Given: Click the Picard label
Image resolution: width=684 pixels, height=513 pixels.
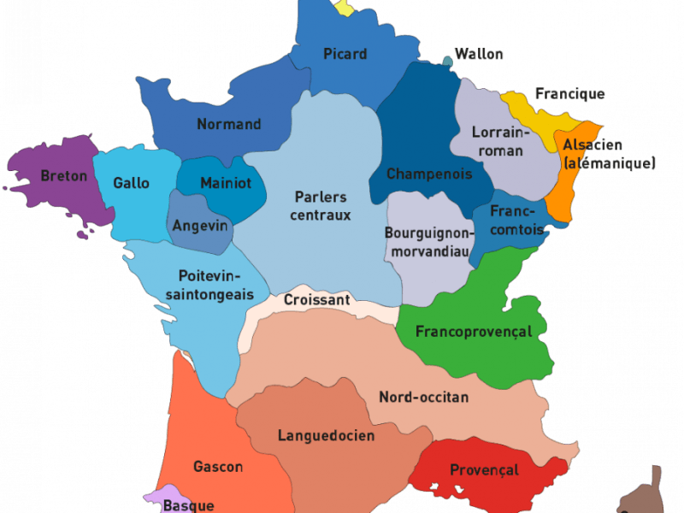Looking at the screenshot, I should pos(345,54).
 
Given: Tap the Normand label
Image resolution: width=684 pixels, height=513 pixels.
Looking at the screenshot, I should pos(229,124).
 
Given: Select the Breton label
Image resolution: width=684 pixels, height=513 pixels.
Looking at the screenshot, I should pos(64,176).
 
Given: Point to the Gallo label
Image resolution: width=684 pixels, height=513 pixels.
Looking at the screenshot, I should pos(132,183).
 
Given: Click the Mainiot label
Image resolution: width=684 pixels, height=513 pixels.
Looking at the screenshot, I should pos(226,183).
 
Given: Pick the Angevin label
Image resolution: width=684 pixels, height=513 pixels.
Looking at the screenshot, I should pos(200,226).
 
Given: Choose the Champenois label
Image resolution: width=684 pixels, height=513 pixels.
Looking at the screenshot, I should pos(429,174).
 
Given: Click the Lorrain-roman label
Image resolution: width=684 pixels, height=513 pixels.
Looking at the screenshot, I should pos(502,141).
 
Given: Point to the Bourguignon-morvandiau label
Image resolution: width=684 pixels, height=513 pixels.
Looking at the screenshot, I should pos(427,241).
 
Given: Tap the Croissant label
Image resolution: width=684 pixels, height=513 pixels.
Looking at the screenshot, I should pos(317,300).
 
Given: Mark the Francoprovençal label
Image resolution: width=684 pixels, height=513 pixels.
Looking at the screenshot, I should pos(474,332).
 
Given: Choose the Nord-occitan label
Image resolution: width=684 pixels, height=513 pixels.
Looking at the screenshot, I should pos(423,397).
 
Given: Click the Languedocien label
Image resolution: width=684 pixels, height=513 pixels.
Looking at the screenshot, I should pos(326,435).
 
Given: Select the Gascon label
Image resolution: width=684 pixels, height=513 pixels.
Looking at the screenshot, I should pos(218,467).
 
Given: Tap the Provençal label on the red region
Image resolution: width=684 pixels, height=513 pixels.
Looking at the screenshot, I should pos(484,470).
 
